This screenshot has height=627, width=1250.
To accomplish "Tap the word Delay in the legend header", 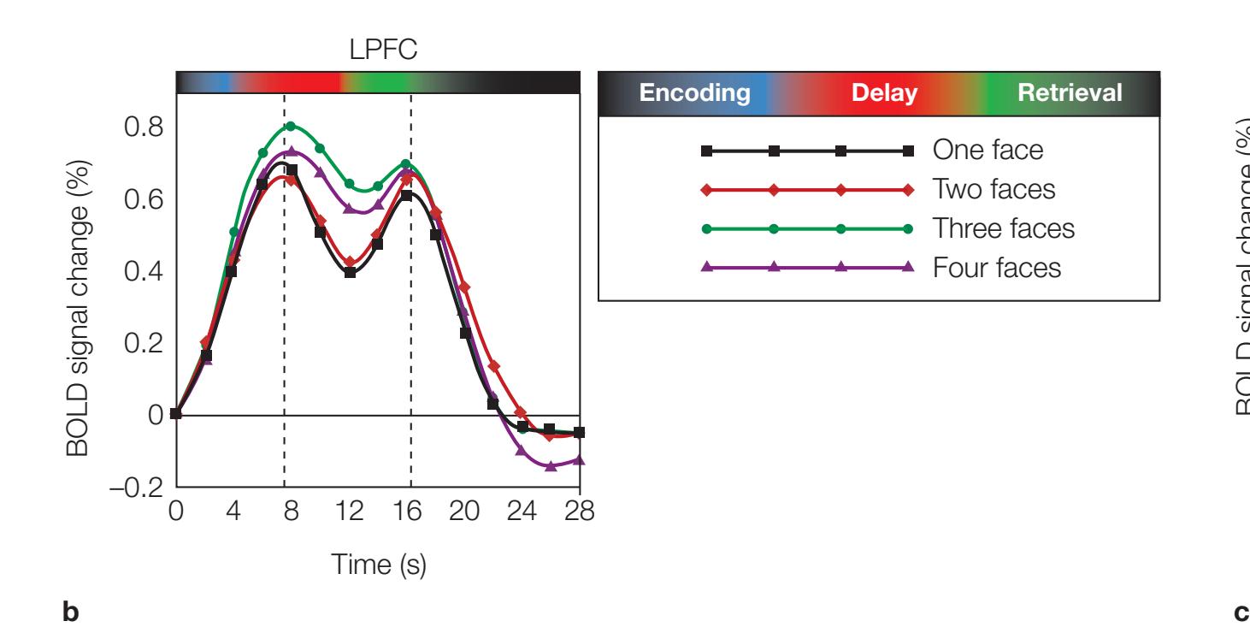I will [x=884, y=94].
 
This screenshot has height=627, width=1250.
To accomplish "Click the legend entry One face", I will [x=988, y=151].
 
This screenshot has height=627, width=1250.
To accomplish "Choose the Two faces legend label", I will [x=994, y=190].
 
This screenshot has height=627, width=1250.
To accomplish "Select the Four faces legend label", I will [x=997, y=269].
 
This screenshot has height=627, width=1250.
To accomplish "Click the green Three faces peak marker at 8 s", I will [x=291, y=127].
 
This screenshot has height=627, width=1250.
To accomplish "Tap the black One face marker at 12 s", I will [x=350, y=272].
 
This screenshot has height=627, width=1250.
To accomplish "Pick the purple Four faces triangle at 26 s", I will [x=551, y=466].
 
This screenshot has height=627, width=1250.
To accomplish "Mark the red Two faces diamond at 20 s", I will [x=465, y=287].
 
